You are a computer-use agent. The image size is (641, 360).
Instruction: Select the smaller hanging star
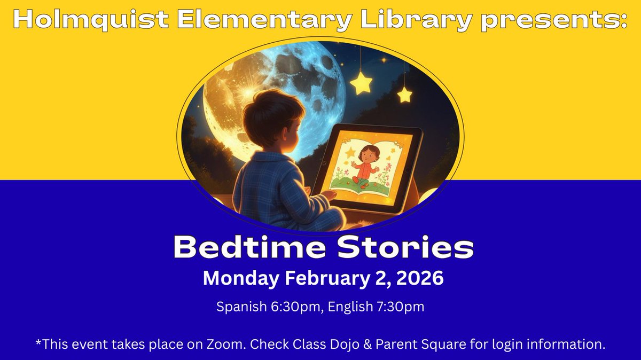[x=404, y=95]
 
